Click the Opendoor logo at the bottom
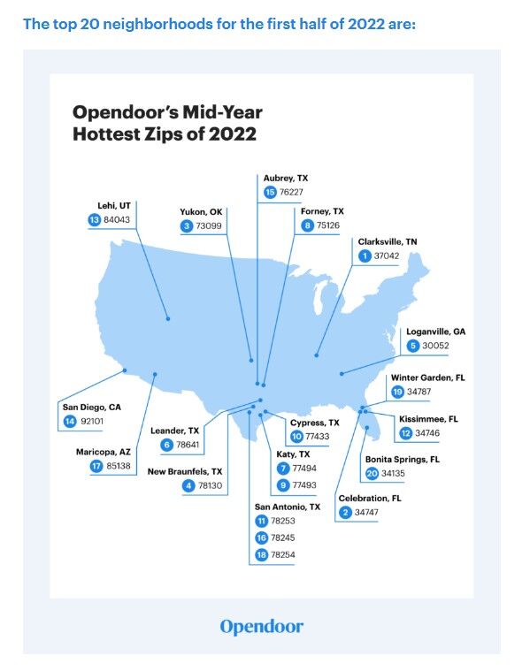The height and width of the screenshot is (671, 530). tap(261, 627)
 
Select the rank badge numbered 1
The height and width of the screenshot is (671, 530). tap(364, 255)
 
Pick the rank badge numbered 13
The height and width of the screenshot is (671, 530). tap(94, 220)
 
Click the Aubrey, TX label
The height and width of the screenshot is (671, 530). tap(286, 178)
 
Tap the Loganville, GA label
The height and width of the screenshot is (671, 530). tap(435, 332)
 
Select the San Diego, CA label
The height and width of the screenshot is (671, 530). tap(91, 407)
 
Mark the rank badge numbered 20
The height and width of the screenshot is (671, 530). tap(372, 474)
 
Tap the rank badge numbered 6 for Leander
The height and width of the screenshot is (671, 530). tap(166, 445)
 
